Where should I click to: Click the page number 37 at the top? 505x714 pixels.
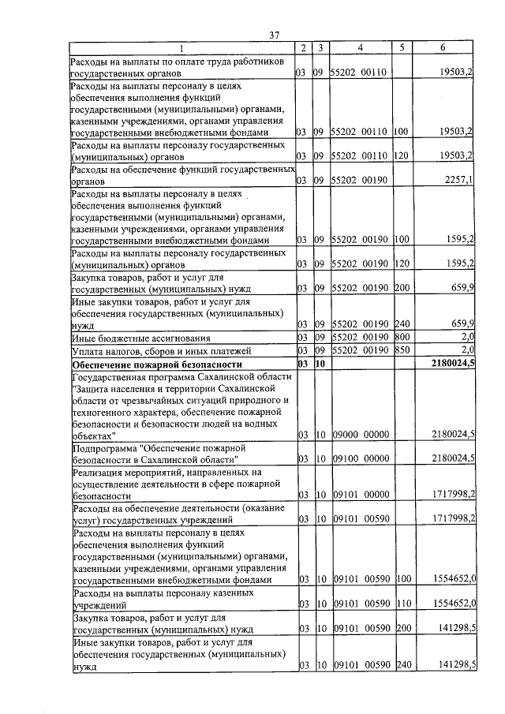(x=275, y=35)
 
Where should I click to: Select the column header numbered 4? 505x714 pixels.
(x=360, y=48)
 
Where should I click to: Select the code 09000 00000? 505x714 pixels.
(x=360, y=435)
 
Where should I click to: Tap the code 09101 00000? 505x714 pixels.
(x=360, y=495)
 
